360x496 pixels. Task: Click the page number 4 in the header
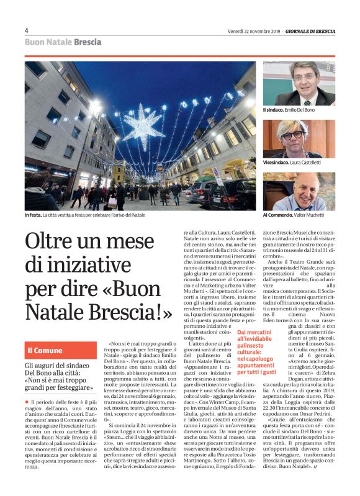click(27, 30)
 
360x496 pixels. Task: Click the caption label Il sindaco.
click(273, 110)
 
